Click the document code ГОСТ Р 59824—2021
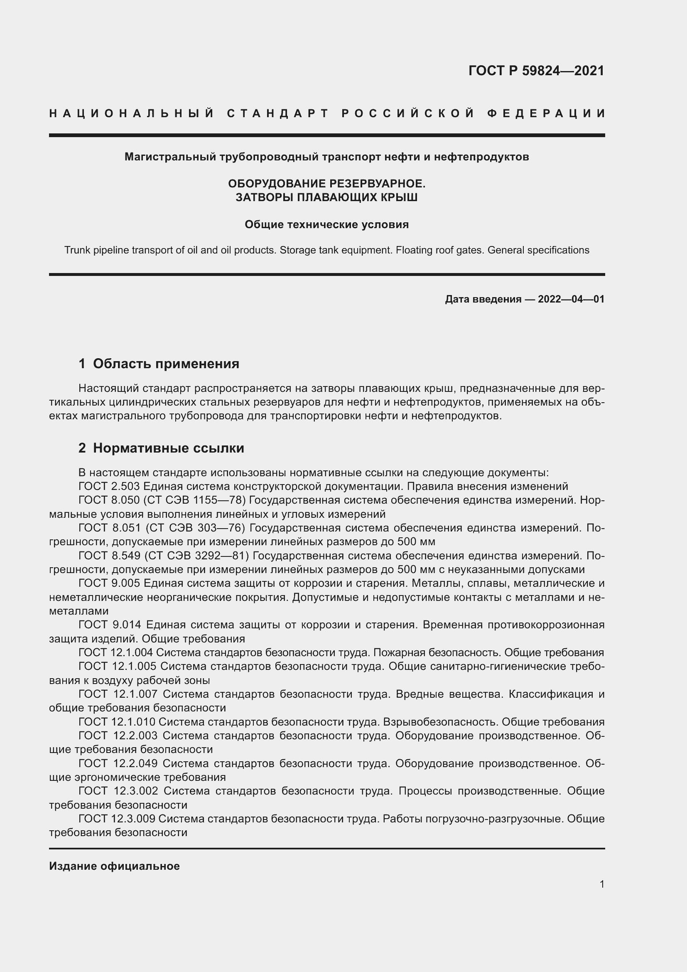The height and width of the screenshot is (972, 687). point(536,71)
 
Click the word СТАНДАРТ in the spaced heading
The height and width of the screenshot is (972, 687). point(278,113)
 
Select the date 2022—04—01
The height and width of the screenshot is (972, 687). point(571,299)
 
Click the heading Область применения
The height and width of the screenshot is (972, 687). point(166,363)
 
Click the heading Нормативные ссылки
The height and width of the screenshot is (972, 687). point(168,448)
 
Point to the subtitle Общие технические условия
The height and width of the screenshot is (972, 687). point(326,224)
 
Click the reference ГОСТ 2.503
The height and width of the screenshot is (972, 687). point(109,486)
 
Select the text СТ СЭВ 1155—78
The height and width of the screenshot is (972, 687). point(194,500)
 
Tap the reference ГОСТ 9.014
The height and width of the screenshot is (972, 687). point(109,625)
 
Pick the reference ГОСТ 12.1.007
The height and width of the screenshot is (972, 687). point(118,694)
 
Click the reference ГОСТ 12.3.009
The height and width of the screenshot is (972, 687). point(117,819)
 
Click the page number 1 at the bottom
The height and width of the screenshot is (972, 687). point(601,884)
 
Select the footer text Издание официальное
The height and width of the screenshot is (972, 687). point(114,866)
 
